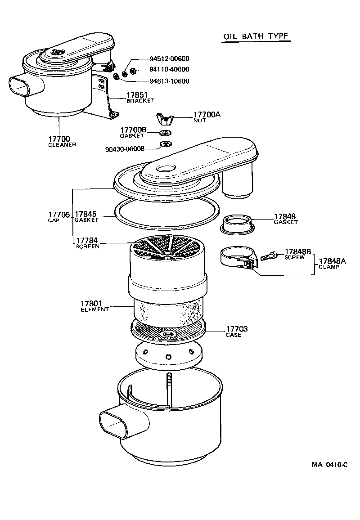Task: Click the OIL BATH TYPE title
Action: [x=256, y=36]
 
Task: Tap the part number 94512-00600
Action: [x=169, y=58]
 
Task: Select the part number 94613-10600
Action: [x=169, y=81]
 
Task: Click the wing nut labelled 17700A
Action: [x=164, y=119]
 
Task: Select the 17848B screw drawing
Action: [x=269, y=257]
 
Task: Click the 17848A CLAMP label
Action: [x=332, y=264]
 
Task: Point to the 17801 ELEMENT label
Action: [x=94, y=306]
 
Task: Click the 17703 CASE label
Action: [x=236, y=332]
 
